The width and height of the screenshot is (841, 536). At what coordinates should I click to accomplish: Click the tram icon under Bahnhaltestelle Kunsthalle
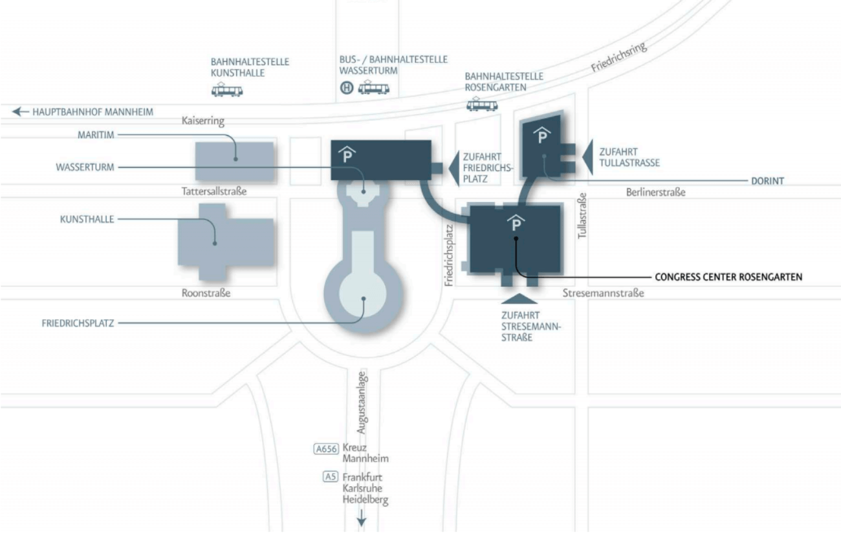(x=227, y=90)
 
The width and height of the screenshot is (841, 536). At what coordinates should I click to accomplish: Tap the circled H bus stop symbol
(x=347, y=88)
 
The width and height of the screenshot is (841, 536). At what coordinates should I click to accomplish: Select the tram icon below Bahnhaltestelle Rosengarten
(x=482, y=104)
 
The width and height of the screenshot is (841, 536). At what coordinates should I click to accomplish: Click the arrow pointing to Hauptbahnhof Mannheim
(x=20, y=111)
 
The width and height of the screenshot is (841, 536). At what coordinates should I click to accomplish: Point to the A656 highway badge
(x=326, y=449)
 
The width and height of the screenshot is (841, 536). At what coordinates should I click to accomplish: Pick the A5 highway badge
(x=331, y=476)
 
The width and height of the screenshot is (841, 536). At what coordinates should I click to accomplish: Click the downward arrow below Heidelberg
(x=362, y=518)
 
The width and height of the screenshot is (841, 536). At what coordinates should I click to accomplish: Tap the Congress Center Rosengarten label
(x=728, y=277)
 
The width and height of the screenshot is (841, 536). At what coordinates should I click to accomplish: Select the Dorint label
(x=767, y=181)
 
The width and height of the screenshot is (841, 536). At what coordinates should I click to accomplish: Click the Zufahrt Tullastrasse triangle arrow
(x=589, y=157)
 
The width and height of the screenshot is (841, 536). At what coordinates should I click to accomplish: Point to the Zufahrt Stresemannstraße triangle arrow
(x=519, y=299)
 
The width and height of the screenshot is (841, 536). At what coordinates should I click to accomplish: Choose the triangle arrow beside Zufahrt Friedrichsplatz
(x=455, y=169)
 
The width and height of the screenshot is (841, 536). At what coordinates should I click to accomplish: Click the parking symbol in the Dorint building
(x=541, y=135)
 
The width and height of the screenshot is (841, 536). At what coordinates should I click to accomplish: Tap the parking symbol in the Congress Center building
(x=516, y=223)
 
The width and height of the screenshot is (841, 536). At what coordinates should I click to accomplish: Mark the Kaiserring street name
(x=203, y=121)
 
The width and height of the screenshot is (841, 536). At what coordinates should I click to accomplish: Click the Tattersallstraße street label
(x=214, y=192)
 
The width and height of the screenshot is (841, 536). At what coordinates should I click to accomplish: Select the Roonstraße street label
(x=206, y=293)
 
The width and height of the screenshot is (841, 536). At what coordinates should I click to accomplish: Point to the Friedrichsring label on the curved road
(x=618, y=56)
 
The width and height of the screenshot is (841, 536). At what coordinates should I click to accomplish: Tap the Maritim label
(x=96, y=135)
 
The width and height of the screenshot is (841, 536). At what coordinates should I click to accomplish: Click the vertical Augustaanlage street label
(x=362, y=402)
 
